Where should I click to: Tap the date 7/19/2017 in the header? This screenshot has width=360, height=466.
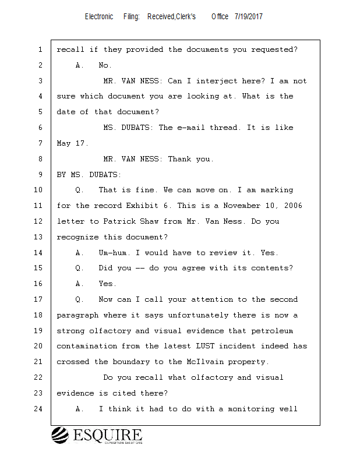(x=249, y=17)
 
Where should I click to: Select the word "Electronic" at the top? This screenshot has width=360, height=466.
(x=99, y=17)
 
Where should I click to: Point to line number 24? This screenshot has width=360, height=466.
(x=40, y=409)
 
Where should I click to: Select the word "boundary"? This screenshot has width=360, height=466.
(x=131, y=362)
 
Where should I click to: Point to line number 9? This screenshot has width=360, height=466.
(x=40, y=174)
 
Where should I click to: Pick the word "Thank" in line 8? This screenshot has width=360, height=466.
(x=181, y=159)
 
